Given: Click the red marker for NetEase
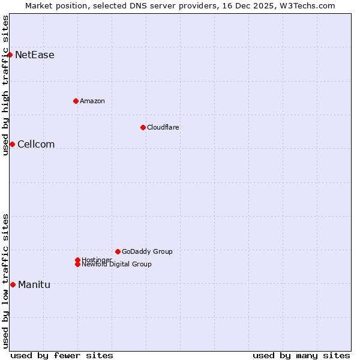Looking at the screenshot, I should coord(10,55).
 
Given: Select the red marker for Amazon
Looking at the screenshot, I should coord(76,101).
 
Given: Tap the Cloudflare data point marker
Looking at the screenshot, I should coord(143,127).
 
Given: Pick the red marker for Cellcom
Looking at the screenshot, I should coord(12,144).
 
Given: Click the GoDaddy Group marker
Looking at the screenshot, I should coord(118,251).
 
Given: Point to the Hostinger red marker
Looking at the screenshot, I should coord(77,260).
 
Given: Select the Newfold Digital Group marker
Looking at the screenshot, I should coord(78,265).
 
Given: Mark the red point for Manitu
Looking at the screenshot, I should coord(13,284).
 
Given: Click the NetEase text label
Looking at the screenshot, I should coord(35,55).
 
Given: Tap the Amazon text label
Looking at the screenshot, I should coord(92,101).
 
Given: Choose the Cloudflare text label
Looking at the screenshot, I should coord(163,127).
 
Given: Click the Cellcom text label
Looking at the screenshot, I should coord(36,144).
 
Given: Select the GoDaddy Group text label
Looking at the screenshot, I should coord(147,251).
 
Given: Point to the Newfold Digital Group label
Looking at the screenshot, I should coord(117,265).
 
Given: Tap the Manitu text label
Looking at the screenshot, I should coord(34,284).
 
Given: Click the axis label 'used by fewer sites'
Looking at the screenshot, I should coord(62,355).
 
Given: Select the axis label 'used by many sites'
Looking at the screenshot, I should coord(301,355).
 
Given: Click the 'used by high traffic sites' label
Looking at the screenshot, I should coord(5,85).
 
